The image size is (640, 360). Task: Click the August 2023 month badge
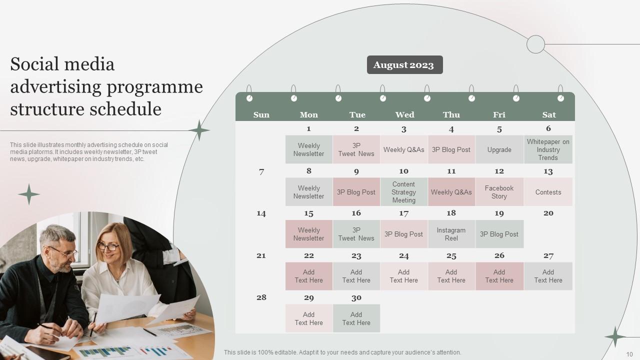pyautogui.click(x=404, y=65)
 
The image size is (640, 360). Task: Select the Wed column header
pyautogui.click(x=404, y=115)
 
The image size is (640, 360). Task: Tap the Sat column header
pyautogui.click(x=548, y=115)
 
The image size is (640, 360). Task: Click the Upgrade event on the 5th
pyautogui.click(x=499, y=149)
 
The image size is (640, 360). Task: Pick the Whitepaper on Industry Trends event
pyautogui.click(x=548, y=149)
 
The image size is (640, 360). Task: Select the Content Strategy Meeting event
pyautogui.click(x=404, y=192)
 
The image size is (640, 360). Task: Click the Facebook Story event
pyautogui.click(x=499, y=192)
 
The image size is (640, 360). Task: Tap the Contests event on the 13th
pyautogui.click(x=548, y=192)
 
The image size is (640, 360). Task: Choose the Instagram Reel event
pyautogui.click(x=451, y=234)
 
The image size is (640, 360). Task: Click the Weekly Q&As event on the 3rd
pyautogui.click(x=404, y=149)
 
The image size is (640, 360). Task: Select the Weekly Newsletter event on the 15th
pyautogui.click(x=308, y=234)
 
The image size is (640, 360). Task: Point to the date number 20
pyautogui.click(x=548, y=213)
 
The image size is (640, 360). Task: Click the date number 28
pyautogui.click(x=261, y=297)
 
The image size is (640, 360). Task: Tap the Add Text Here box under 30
pyautogui.click(x=356, y=318)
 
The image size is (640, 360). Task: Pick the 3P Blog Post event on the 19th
pyautogui.click(x=499, y=234)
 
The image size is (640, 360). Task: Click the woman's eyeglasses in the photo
pyautogui.click(x=108, y=246)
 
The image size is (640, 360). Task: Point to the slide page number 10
pyautogui.click(x=629, y=354)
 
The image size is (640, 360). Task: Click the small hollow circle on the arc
pyautogui.click(x=535, y=44)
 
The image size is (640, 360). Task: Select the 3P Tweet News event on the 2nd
pyautogui.click(x=356, y=149)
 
